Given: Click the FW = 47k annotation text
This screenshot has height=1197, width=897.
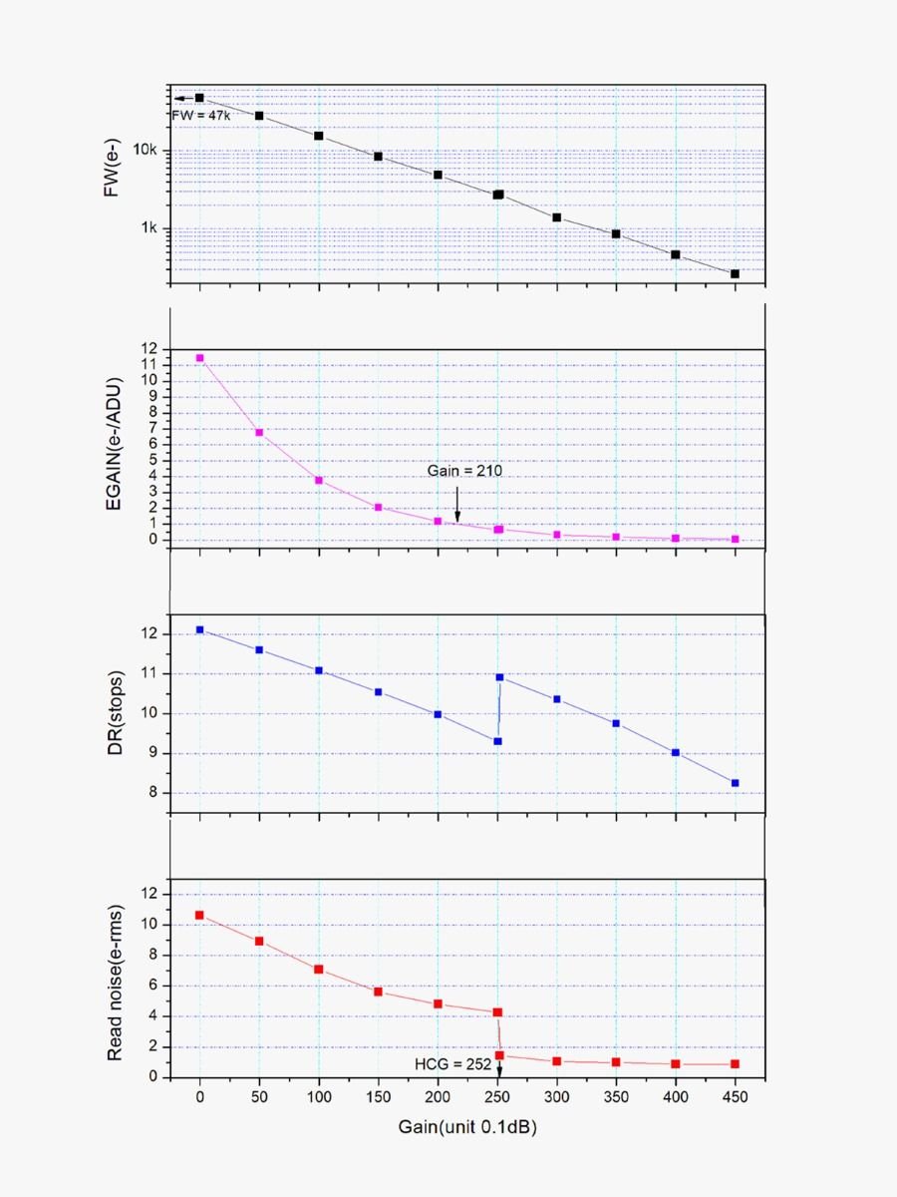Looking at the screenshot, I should pos(201,116).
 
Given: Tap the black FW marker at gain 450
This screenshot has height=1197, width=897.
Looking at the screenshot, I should pos(735,273).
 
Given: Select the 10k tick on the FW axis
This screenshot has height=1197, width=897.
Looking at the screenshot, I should pos(146,151).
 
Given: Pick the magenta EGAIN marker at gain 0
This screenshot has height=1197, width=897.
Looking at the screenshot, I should pos(200,358).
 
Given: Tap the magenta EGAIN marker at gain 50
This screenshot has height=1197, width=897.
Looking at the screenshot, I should pos(259,433).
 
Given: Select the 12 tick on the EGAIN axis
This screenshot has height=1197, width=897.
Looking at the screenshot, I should pos(150,349).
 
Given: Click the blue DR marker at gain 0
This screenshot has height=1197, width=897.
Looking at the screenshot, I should pos(200,629).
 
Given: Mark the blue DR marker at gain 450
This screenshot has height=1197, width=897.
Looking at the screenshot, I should pos(735,783).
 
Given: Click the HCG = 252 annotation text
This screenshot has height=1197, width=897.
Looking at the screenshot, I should pos(452,1064).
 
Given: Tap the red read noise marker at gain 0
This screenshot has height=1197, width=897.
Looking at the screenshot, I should pos(200,915).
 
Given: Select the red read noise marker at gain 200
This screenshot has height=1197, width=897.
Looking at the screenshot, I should pos(438,1003).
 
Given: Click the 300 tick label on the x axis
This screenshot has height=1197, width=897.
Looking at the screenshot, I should pos(556,1095).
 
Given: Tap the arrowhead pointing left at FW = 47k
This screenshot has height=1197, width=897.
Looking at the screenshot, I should pos(176,99).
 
